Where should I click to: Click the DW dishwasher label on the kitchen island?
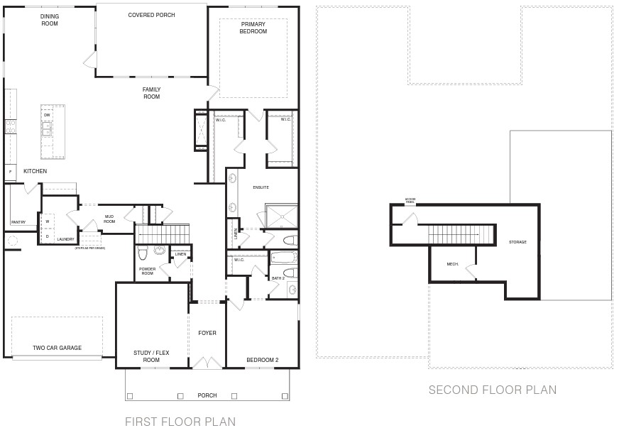(47, 114)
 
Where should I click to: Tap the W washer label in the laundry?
(48, 221)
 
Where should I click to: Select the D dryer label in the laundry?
(48, 236)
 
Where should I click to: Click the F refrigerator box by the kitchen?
(10, 172)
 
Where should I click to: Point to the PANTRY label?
(18, 222)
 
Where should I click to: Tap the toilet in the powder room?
(143, 253)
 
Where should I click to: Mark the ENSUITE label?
(261, 187)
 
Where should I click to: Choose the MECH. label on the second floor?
(452, 264)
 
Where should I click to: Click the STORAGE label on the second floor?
(517, 242)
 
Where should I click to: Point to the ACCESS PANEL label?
(410, 201)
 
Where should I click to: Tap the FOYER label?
(207, 333)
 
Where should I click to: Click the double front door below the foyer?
(207, 363)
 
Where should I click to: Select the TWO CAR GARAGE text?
(57, 348)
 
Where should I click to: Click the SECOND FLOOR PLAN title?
(492, 390)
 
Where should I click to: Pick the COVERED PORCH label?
(151, 15)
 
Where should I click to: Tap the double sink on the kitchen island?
(47, 129)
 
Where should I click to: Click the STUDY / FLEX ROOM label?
(151, 356)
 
